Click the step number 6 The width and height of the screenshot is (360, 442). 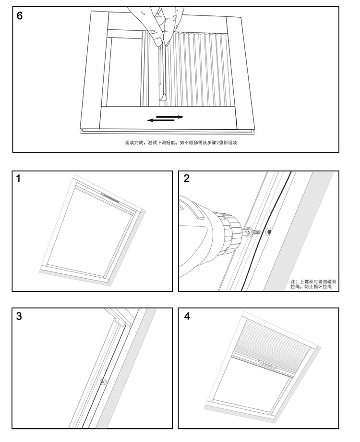[20, 15]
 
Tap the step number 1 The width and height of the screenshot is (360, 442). [19, 179]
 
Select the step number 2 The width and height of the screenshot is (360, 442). [187, 179]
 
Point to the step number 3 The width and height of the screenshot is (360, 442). [19, 316]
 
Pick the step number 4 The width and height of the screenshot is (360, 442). [187, 316]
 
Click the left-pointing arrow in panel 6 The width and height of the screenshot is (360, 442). [159, 120]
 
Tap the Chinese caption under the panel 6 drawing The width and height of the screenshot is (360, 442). [181, 143]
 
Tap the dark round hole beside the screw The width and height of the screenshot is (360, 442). [269, 233]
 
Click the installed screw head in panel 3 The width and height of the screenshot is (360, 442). [103, 382]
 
